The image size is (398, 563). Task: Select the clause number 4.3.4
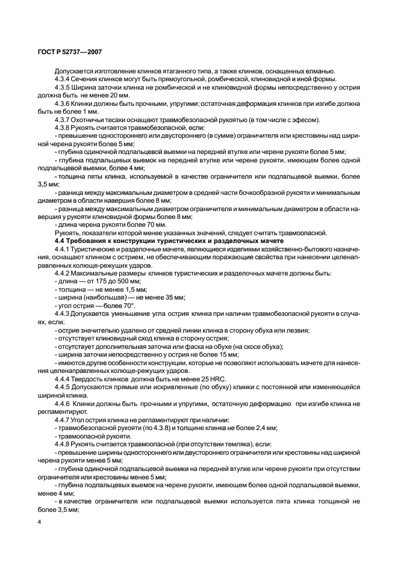coord(63,79)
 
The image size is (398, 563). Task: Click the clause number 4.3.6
coord(63,103)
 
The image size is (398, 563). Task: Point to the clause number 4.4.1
coord(63,248)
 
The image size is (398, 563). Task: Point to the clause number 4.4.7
coord(63,419)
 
